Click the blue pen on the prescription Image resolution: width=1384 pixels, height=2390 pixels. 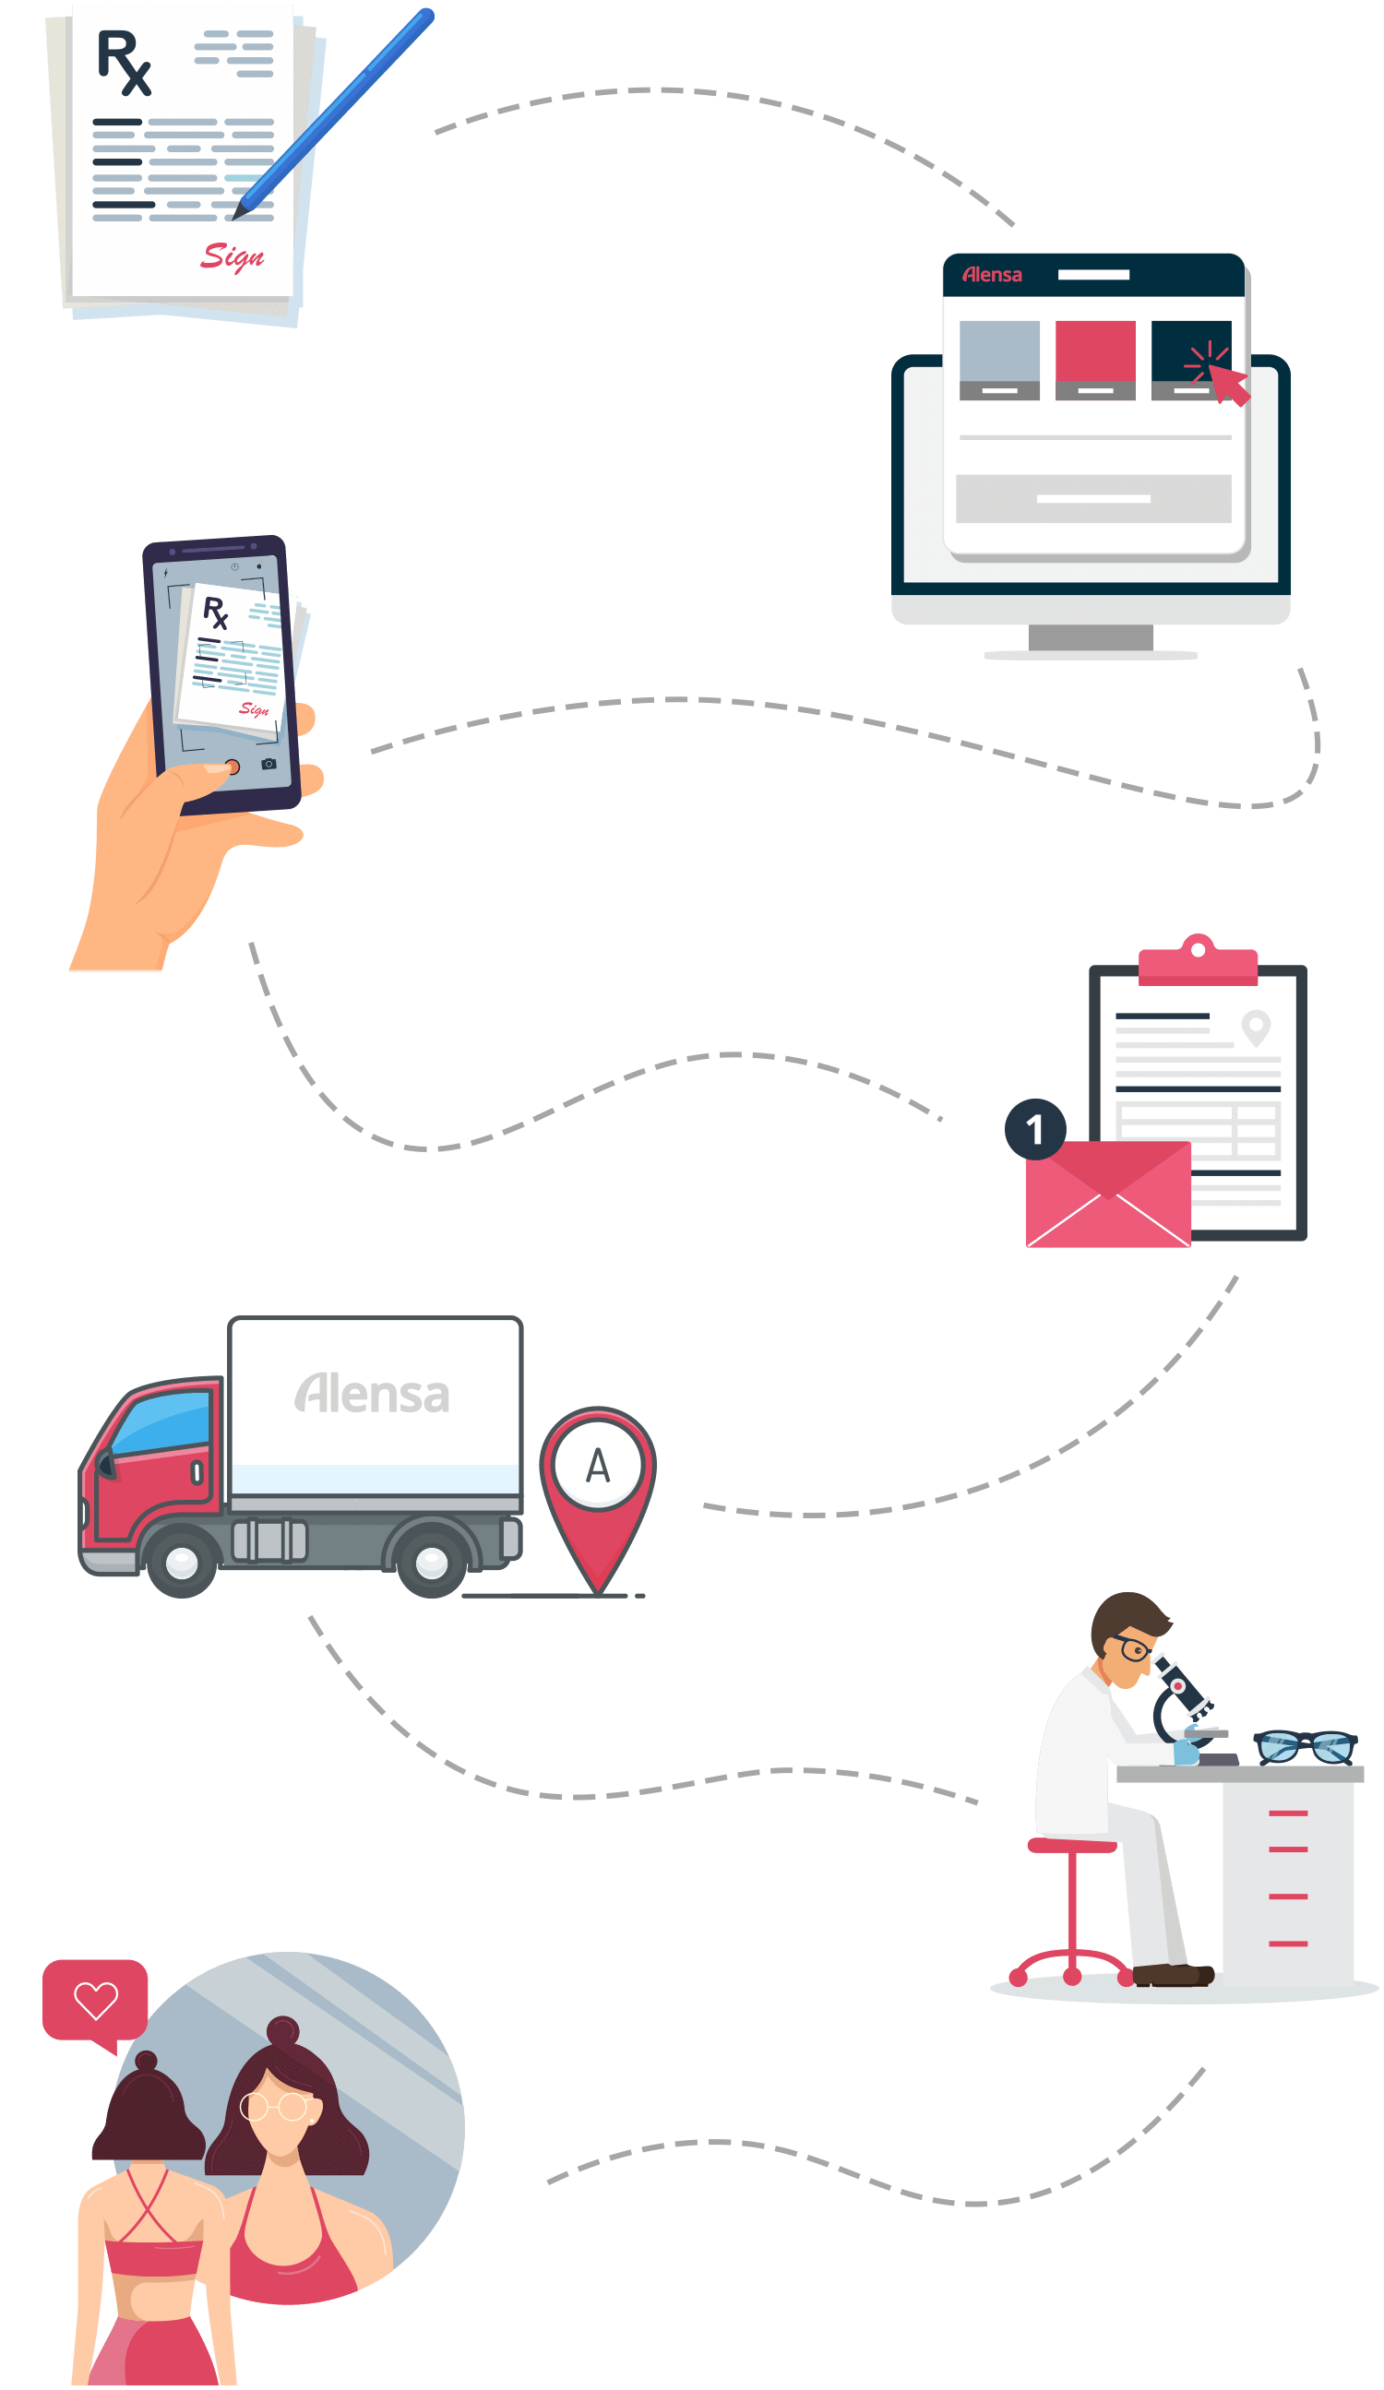pos(337,109)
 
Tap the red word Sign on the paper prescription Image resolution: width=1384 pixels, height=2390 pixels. pos(232,256)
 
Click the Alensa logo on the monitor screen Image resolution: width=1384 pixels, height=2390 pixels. pos(992,275)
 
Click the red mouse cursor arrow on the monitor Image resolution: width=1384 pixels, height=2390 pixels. pos(1228,383)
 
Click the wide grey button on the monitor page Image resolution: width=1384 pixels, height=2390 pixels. pos(1092,498)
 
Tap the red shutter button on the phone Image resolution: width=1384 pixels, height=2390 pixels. pos(232,767)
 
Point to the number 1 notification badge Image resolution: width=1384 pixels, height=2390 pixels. pos(1035,1129)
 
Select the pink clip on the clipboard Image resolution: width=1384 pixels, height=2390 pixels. pos(1197,962)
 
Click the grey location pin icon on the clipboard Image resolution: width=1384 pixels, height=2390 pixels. pos(1256,1026)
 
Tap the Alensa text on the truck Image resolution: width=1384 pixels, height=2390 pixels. pos(372,1394)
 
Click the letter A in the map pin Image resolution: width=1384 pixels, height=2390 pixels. pos(598,1467)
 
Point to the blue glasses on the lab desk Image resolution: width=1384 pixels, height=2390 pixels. pos(1306,1745)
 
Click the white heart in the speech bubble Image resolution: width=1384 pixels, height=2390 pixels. pos(96,2000)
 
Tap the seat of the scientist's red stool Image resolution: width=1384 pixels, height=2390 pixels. pos(1072,1845)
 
